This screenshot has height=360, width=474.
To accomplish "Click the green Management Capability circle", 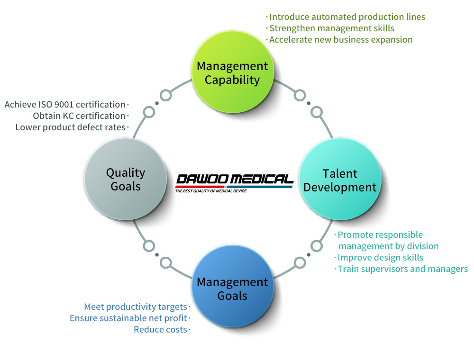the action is [233, 72].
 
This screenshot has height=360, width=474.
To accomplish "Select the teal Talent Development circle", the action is [340, 179].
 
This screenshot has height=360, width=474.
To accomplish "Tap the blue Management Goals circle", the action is [233, 286].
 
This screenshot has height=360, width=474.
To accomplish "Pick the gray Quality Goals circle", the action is [126, 179].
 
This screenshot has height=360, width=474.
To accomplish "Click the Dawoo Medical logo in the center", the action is [234, 183].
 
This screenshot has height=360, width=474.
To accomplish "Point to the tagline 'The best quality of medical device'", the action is [211, 191].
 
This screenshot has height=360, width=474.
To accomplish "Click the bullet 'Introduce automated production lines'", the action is [347, 17].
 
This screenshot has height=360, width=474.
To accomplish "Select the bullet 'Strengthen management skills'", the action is [332, 28].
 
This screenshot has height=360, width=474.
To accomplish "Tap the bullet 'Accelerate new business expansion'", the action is [341, 40].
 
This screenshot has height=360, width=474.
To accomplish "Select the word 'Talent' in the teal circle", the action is [340, 174].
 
